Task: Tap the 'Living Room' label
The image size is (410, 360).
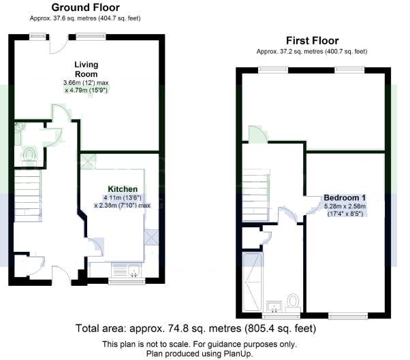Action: click(x=86, y=69)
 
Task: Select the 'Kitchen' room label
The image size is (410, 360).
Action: click(x=123, y=189)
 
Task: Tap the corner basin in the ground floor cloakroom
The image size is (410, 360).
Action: click(x=19, y=127)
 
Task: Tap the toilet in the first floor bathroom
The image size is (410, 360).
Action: click(x=294, y=300)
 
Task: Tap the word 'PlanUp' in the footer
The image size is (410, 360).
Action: click(x=249, y=353)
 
